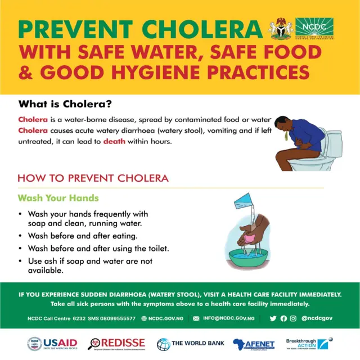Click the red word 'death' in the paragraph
[x=114, y=141]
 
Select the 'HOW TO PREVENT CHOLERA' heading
[x=93, y=178]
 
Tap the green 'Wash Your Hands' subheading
[x=58, y=198]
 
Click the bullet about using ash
[x=90, y=265]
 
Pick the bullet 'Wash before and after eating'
[x=82, y=236]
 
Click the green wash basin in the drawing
[x=247, y=258]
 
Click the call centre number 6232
[x=80, y=318]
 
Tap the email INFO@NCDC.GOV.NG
[x=228, y=318]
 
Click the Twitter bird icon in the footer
[x=273, y=318]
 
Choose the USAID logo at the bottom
[x=52, y=344]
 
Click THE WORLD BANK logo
[x=191, y=344]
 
